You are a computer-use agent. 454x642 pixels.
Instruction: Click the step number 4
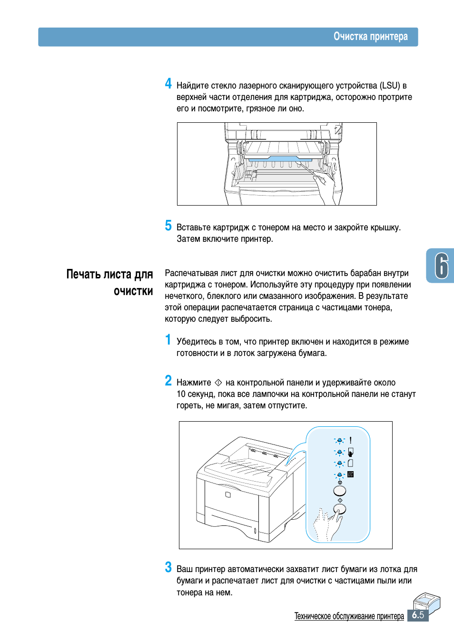click(168, 84)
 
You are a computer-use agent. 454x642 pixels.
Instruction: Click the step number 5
click(168, 226)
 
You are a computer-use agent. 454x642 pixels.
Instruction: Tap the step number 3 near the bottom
click(168, 567)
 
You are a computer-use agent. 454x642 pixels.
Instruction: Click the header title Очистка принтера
click(370, 37)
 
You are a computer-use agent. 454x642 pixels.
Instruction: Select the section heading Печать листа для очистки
click(110, 282)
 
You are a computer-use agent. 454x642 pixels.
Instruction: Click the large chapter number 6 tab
click(441, 266)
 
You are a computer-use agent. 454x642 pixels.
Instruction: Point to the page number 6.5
click(418, 615)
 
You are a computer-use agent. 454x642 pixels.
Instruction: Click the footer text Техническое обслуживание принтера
click(349, 616)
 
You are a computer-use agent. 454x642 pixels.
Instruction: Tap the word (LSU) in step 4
click(389, 86)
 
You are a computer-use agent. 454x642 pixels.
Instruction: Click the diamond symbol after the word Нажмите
click(218, 382)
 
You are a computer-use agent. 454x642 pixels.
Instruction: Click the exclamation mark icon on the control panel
click(351, 441)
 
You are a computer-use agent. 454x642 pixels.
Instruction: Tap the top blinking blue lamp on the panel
click(339, 441)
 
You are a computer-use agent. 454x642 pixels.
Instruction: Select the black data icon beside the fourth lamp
click(351, 474)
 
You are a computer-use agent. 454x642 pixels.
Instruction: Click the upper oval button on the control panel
click(339, 491)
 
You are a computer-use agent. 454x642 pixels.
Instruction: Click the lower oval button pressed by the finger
click(340, 509)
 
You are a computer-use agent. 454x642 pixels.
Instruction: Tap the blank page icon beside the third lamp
click(351, 463)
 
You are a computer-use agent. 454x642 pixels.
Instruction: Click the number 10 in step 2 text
click(181, 394)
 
